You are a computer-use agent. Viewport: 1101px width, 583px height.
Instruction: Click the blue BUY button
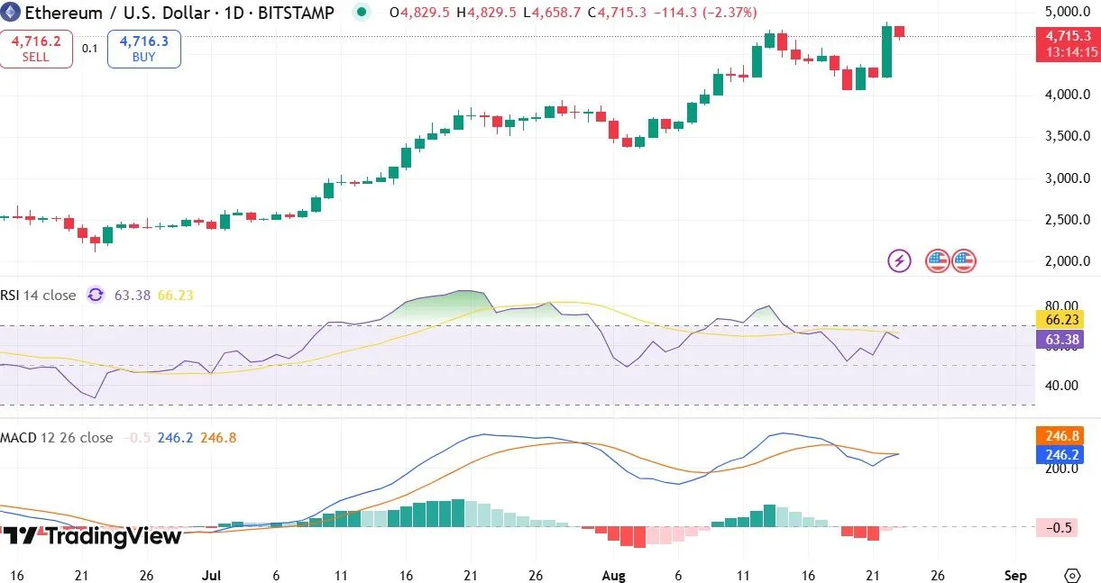point(143,49)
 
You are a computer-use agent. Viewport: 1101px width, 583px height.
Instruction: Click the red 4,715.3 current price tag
point(1068,36)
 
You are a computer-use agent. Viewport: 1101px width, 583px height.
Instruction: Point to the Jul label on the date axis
point(212,575)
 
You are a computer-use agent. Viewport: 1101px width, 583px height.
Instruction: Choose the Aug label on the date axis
point(613,575)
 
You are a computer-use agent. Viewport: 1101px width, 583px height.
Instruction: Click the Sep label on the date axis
point(1015,575)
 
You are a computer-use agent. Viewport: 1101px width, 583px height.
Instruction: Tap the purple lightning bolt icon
point(900,261)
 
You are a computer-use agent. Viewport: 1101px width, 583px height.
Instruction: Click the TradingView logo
point(91,536)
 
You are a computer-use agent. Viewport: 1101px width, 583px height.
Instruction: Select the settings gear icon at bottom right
point(1071,575)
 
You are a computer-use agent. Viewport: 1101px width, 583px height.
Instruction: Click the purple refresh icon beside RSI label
point(96,295)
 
